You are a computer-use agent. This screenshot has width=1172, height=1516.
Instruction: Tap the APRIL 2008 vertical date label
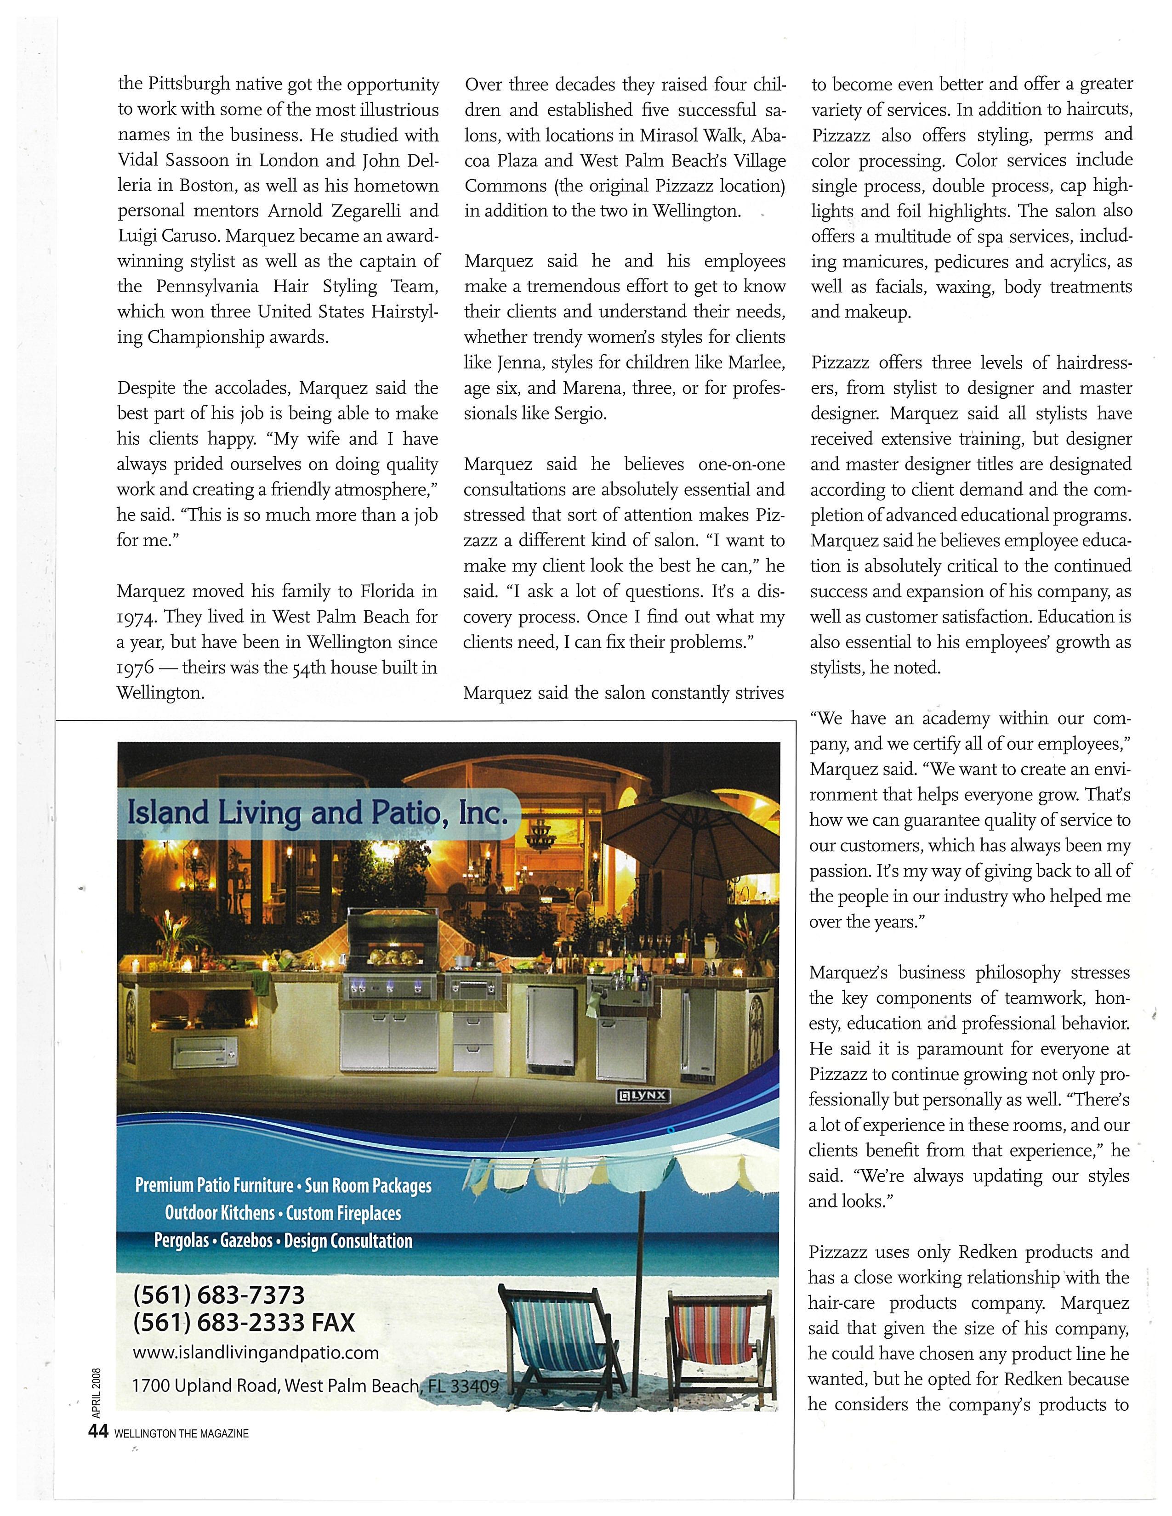coord(97,1392)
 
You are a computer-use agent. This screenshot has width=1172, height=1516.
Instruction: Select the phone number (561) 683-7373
coord(219,1295)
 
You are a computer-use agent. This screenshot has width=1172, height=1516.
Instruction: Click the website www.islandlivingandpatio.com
coord(256,1353)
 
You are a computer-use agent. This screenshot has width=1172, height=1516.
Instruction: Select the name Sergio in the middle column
coord(580,414)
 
